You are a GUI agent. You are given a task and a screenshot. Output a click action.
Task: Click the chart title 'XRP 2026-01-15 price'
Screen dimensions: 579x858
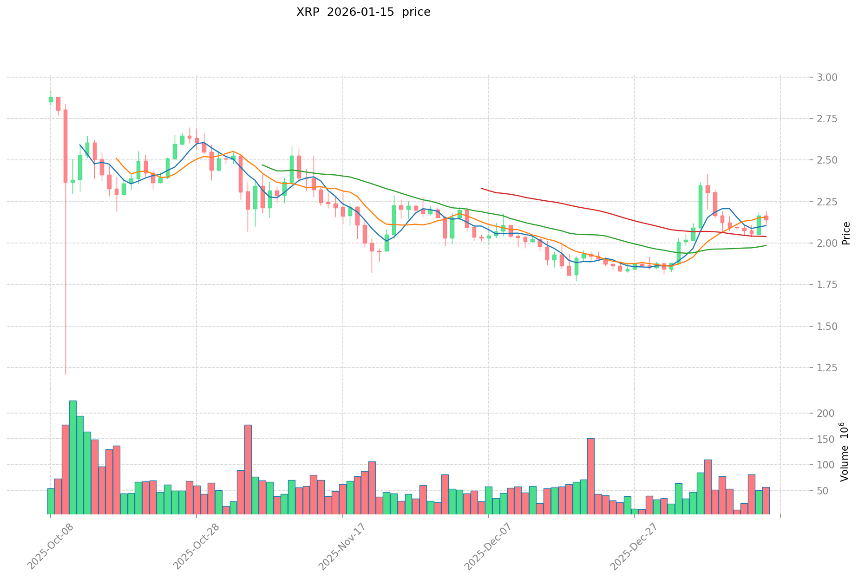tap(363, 13)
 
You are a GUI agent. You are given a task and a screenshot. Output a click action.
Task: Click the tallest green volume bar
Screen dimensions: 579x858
tap(73, 457)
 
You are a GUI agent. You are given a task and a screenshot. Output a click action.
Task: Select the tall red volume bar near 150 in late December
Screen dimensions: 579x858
tap(590, 476)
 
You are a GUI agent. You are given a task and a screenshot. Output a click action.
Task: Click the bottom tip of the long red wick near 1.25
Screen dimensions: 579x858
tap(65, 374)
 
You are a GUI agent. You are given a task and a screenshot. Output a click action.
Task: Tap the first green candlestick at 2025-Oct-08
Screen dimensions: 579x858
tap(51, 99)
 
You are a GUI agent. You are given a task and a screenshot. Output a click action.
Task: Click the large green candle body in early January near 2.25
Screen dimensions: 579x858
tap(700, 206)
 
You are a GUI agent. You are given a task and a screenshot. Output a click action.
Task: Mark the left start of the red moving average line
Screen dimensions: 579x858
tap(481, 188)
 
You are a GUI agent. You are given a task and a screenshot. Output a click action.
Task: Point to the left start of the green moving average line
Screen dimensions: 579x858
tap(262, 164)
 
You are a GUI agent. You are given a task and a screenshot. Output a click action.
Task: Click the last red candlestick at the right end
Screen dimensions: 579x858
tap(766, 217)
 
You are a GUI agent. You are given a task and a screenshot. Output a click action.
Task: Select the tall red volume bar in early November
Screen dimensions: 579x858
tap(248, 469)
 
